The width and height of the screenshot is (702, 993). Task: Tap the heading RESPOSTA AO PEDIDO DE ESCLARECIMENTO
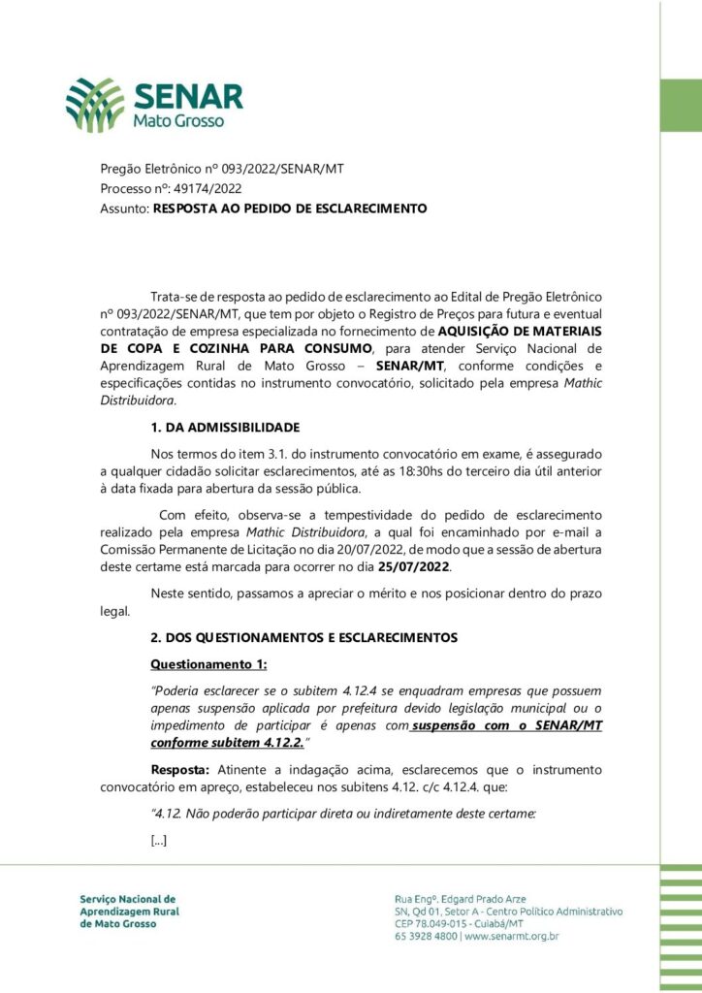pyautogui.click(x=290, y=208)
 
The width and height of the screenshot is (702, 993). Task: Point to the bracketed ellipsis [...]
pyautogui.click(x=159, y=840)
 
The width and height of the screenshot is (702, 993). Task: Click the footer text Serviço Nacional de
pyautogui.click(x=128, y=899)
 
